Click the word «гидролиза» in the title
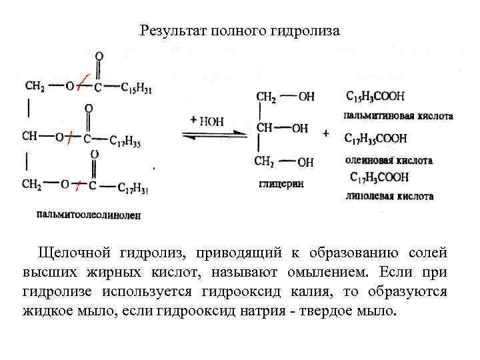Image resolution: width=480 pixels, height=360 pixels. point(306,31)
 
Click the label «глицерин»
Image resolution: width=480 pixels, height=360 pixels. point(277,183)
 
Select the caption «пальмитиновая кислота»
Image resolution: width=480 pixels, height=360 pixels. point(399,115)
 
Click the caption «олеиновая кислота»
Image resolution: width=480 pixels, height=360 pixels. point(389,160)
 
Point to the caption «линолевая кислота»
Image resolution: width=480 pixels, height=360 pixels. point(389,196)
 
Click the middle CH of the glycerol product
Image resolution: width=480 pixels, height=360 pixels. point(265,127)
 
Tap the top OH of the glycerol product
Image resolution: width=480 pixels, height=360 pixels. point(306,97)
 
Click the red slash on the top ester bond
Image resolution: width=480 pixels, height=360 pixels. point(80,82)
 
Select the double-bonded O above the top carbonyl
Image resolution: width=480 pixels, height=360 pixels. point(99,57)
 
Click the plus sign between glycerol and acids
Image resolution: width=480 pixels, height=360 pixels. point(326,133)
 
